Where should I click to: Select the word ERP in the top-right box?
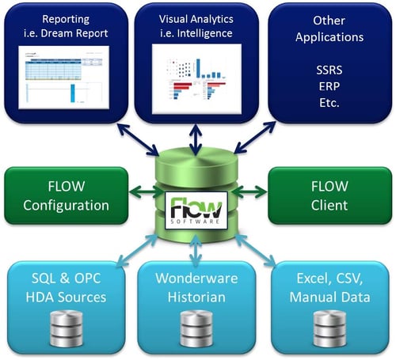pyautogui.click(x=328, y=86)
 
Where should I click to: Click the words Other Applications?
pyautogui.click(x=328, y=28)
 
